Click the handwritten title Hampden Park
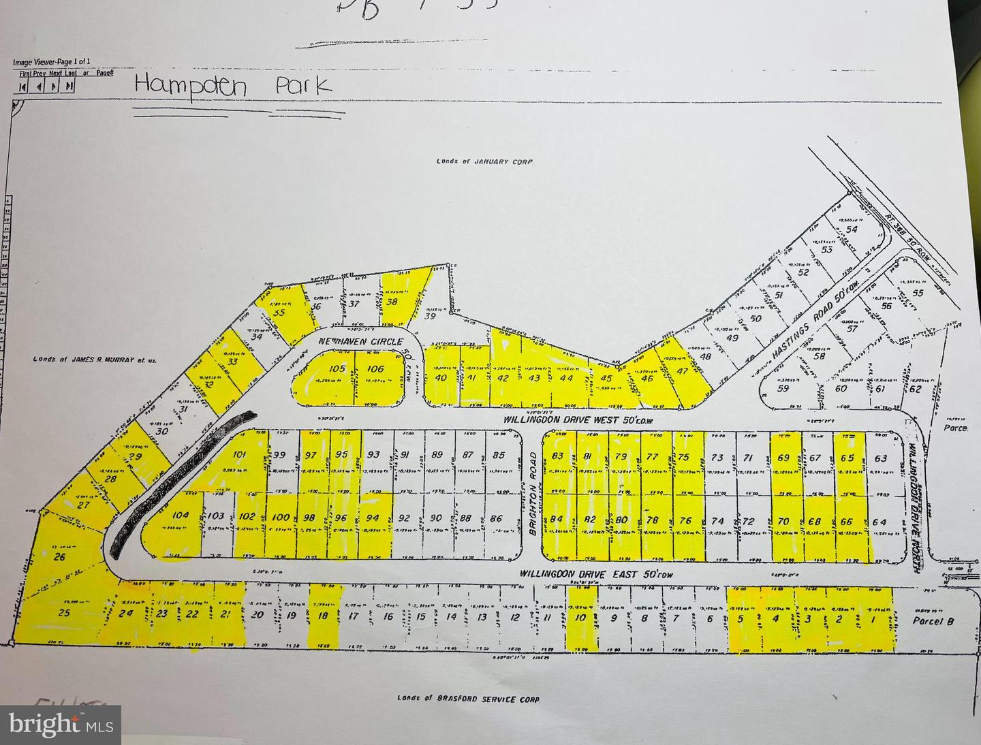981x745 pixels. point(233,86)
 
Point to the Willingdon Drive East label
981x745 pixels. point(596,574)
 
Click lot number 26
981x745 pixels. point(59,557)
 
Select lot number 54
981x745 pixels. point(851,229)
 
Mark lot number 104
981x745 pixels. point(181,516)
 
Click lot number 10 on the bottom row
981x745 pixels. point(580,618)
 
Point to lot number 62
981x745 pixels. point(915,389)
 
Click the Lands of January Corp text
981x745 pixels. point(484,161)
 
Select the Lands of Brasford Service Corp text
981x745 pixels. point(468,699)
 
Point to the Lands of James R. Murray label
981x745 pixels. point(94,359)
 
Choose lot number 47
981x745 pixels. point(682,371)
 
